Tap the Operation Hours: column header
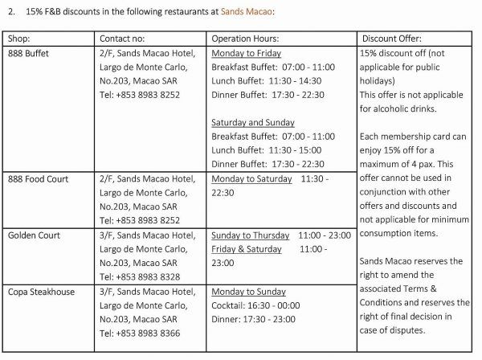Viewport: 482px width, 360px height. (x=245, y=39)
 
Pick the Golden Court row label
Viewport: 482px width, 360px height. (x=34, y=235)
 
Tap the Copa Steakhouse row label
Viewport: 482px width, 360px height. (x=41, y=292)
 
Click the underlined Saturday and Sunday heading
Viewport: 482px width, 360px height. (x=252, y=123)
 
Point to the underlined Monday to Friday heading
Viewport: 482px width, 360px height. (x=245, y=52)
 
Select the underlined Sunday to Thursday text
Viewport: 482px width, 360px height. (x=250, y=235)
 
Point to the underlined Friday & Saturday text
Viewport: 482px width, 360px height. (x=246, y=249)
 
